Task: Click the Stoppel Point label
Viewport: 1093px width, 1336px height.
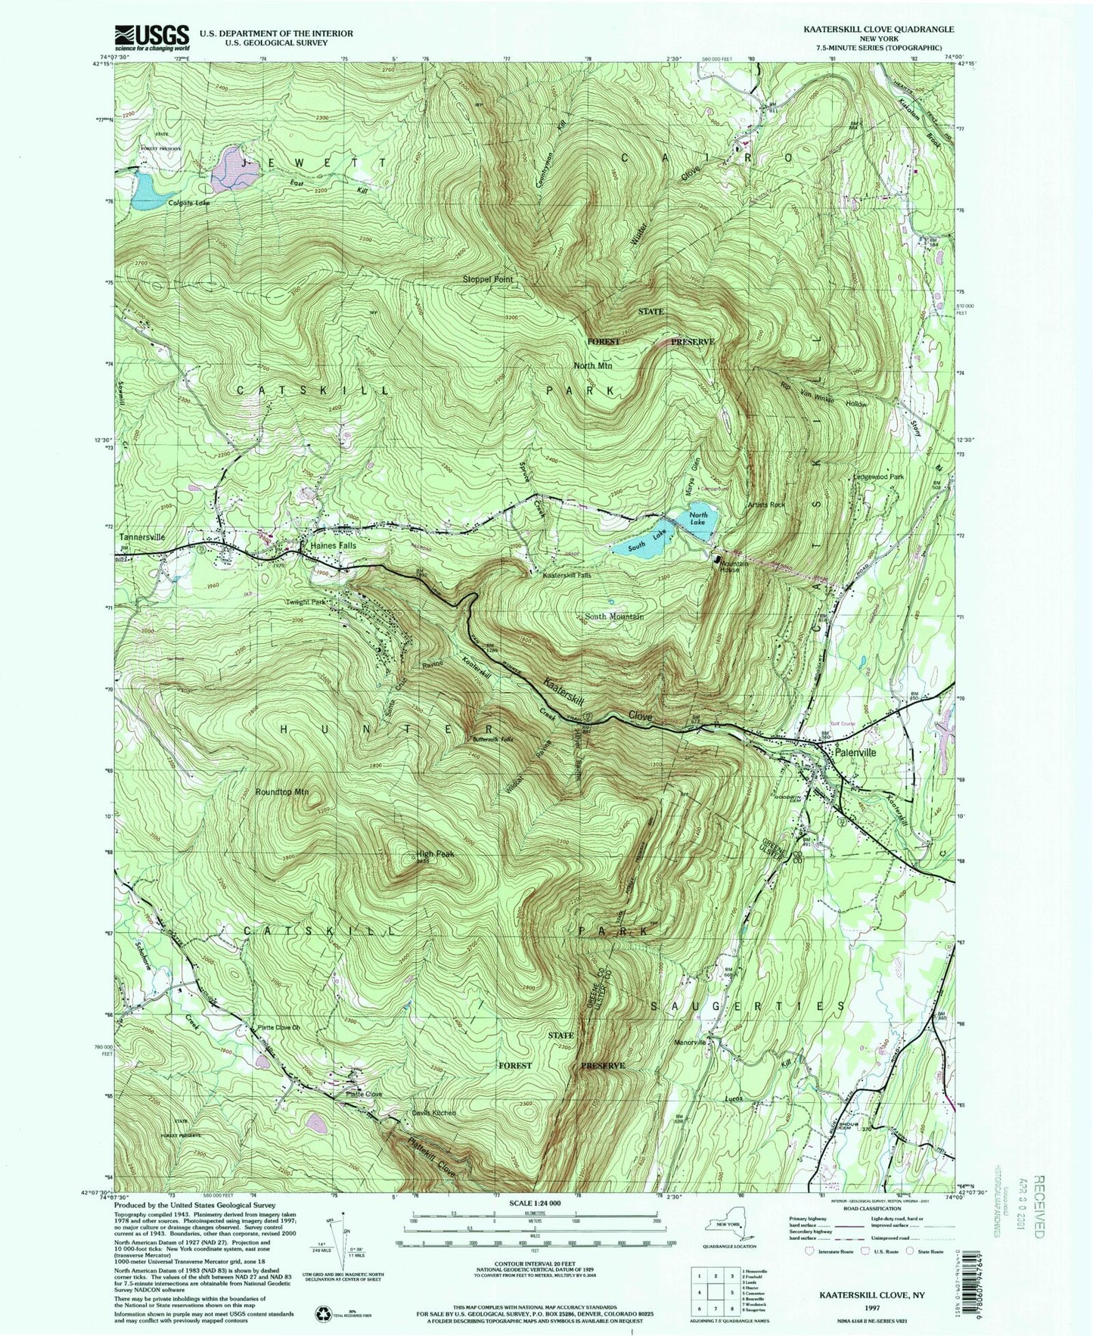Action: [x=488, y=279]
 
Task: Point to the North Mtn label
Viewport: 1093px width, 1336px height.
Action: [x=592, y=365]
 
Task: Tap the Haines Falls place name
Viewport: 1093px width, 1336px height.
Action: [x=333, y=545]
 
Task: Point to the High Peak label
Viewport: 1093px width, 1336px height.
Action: [x=435, y=855]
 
